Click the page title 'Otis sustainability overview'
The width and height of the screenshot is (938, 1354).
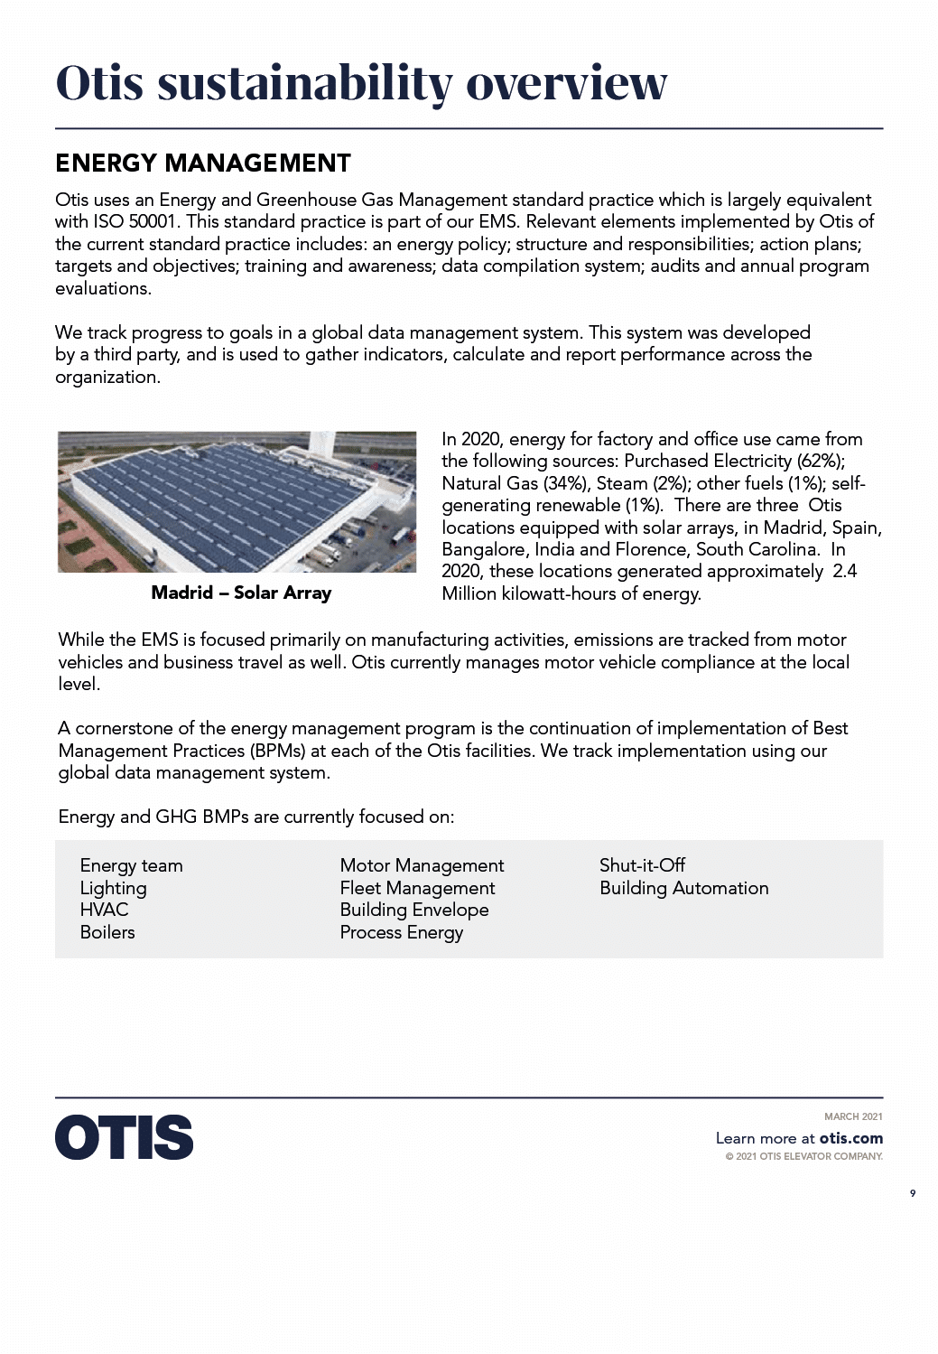coord(361,83)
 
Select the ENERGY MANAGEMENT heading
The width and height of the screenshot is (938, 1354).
coord(203,163)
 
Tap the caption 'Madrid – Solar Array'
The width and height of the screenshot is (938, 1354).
coord(241,593)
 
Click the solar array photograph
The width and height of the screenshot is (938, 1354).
coord(237,501)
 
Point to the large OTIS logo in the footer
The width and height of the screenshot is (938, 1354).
coord(125,1137)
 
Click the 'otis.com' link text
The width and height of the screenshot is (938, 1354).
coord(850,1139)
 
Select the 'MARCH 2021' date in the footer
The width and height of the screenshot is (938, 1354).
coord(853,1117)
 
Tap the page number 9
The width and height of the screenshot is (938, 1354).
coord(912,1194)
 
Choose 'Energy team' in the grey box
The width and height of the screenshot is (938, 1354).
coord(131,866)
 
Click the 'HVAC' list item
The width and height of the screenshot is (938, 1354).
coord(104,910)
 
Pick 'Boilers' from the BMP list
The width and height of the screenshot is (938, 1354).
coord(107,932)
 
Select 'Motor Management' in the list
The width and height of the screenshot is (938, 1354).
coord(422,866)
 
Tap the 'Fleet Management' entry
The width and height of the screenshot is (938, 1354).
coord(417,889)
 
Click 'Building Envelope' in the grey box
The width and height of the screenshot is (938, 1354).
coord(413,910)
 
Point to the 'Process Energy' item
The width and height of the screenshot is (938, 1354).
coord(401,933)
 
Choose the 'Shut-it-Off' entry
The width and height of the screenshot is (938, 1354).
coord(642,865)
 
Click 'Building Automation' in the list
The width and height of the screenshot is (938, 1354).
coord(683,889)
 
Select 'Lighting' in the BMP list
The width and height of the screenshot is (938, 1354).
coord(113,889)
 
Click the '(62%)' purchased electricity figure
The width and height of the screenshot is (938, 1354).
coord(820,462)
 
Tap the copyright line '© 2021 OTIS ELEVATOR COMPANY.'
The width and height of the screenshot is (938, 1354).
coord(803,1157)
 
